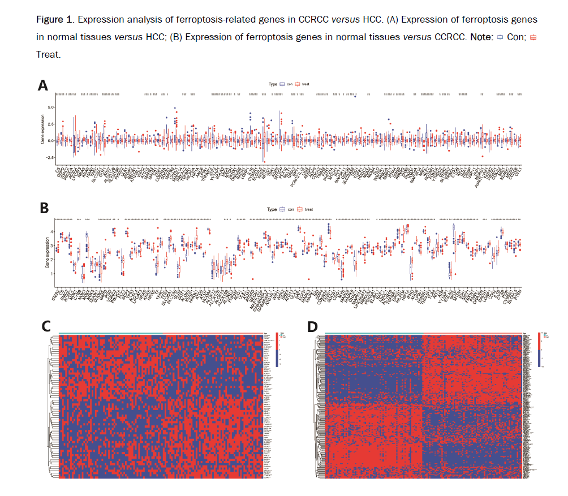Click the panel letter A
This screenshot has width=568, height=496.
42,85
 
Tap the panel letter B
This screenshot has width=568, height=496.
43,208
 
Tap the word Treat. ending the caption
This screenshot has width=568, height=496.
48,54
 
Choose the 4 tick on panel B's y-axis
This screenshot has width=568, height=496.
51,232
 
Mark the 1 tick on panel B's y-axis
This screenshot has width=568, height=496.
51,274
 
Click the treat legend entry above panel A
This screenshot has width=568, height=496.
304,84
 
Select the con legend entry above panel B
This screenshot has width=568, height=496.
288,209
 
